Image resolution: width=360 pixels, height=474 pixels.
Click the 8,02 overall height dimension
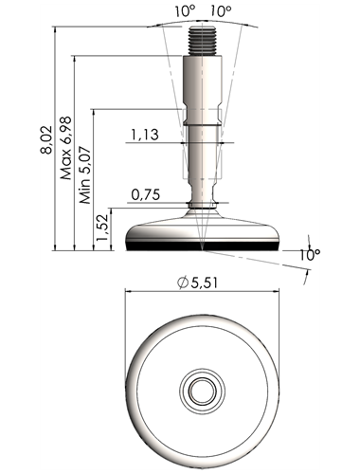pyautogui.click(x=46, y=139)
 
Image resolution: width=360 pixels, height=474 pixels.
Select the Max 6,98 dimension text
pyautogui.click(x=65, y=148)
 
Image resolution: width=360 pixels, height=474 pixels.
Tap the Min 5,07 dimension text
pyautogui.click(x=85, y=174)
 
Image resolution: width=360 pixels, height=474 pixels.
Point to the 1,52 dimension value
pyautogui.click(x=103, y=228)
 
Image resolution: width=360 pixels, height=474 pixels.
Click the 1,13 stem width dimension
pyautogui.click(x=145, y=135)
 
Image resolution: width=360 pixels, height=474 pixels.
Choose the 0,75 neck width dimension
pyautogui.click(x=146, y=194)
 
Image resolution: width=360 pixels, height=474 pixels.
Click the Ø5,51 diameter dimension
pyautogui.click(x=198, y=283)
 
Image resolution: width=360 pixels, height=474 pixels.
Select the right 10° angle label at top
pyautogui.click(x=221, y=12)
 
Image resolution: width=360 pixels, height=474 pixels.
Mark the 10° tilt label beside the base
pyautogui.click(x=311, y=255)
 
